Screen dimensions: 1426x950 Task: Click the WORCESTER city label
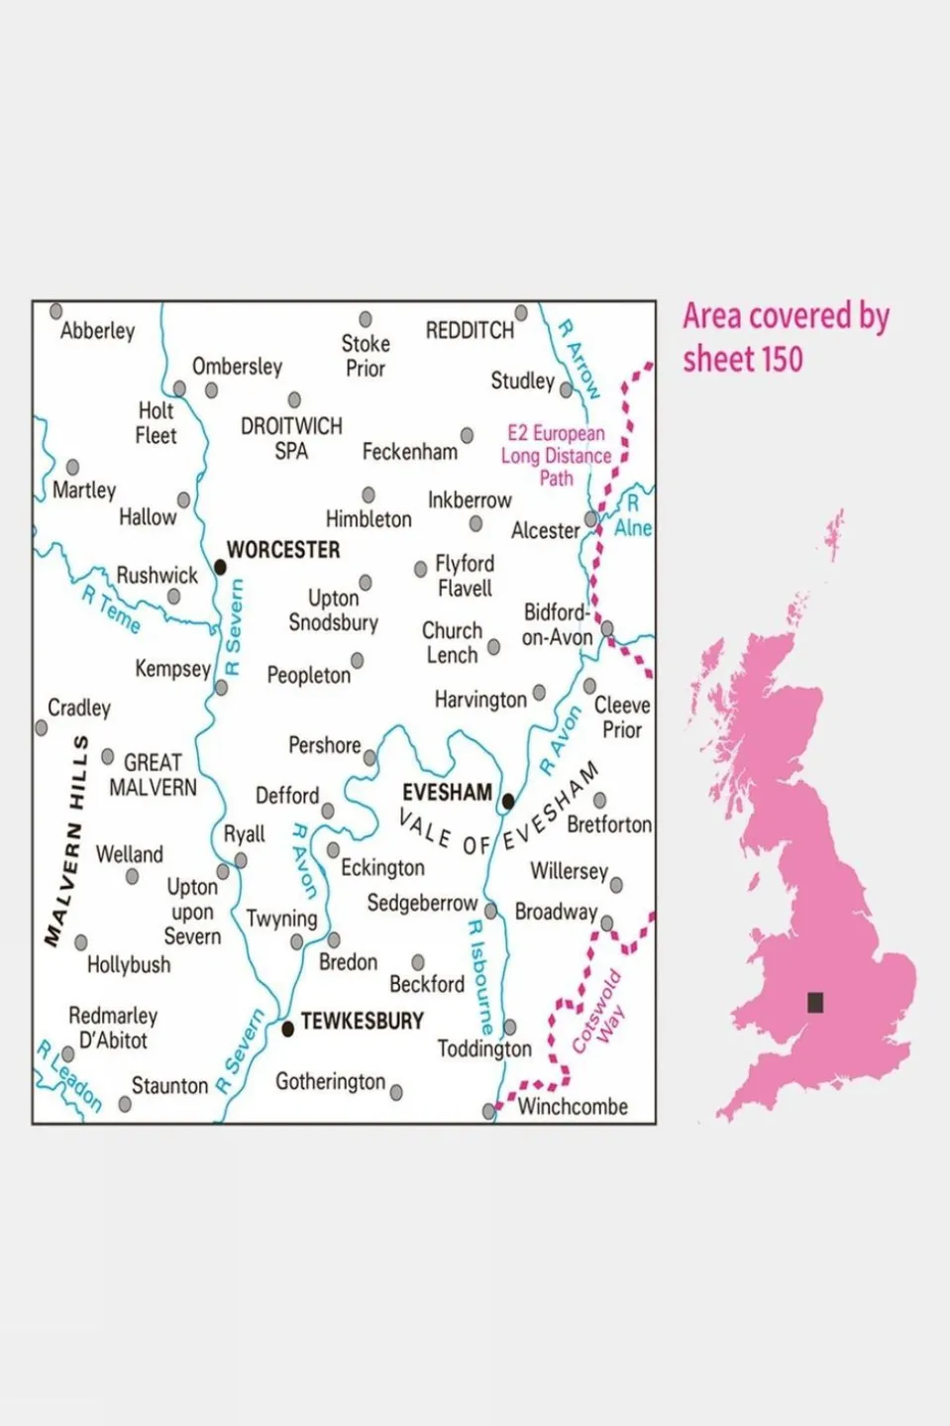283,550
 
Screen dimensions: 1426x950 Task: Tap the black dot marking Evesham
508,801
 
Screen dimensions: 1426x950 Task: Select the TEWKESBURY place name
362,1021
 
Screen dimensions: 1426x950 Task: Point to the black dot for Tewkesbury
288,1029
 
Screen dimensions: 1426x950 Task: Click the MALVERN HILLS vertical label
66,840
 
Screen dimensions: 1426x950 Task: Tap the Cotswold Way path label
598,1011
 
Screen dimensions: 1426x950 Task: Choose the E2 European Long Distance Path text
556,455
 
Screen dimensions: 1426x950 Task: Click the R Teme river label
111,609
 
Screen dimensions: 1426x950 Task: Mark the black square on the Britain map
815,1002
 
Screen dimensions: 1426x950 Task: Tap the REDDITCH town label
470,330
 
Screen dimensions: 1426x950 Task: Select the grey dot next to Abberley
56,311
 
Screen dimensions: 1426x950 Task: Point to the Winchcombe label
573,1107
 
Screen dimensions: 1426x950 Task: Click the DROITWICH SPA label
291,438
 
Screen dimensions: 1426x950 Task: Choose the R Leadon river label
69,1075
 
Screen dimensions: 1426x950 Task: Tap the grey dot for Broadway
607,924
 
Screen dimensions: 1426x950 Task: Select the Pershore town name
324,745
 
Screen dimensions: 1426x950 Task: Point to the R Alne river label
633,516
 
